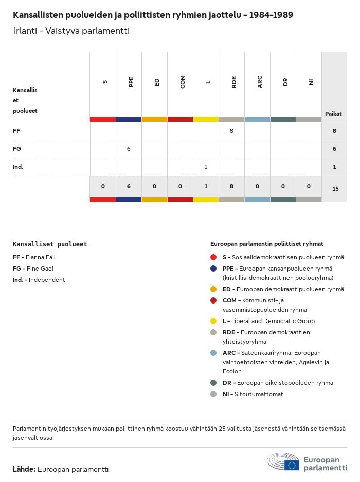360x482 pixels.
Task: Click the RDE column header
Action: tap(234, 82)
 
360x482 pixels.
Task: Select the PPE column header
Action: tap(131, 82)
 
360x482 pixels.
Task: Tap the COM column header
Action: tap(183, 82)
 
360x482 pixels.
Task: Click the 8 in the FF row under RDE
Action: tap(231, 131)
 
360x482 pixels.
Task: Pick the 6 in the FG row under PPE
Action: tap(129, 149)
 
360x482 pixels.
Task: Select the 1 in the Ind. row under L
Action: tap(206, 167)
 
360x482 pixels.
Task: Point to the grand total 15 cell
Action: tap(335, 189)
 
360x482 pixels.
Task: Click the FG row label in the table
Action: tap(17, 149)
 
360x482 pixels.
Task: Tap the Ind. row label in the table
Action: tap(18, 167)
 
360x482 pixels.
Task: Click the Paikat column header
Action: tap(334, 114)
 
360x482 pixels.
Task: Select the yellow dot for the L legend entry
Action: tap(213, 321)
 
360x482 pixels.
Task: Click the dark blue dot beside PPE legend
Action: tap(213, 269)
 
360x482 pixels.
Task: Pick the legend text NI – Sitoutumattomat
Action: tap(253, 394)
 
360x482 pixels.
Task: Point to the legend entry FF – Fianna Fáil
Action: tap(34, 257)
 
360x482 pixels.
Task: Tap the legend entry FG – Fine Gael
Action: tap(33, 269)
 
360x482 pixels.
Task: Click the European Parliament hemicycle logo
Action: tap(283, 461)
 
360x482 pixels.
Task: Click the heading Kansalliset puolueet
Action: tap(50, 244)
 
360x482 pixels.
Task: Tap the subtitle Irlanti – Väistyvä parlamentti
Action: tap(71, 31)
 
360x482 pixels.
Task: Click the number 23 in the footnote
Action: tap(222, 429)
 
